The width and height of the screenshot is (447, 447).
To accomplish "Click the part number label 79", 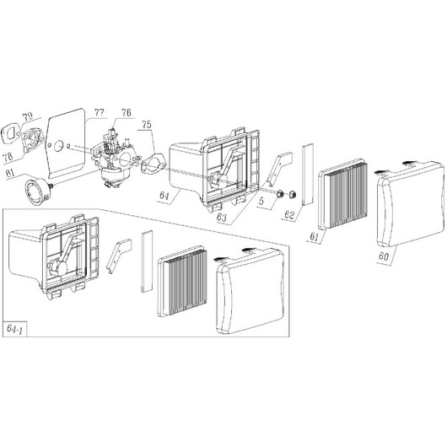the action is (x=28, y=116).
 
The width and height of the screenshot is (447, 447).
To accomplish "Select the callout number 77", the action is (x=99, y=112).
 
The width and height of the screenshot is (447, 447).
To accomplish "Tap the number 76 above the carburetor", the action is (x=126, y=113).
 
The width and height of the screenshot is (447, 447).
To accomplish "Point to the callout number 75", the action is (x=147, y=124).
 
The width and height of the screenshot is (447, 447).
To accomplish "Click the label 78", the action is (x=8, y=157).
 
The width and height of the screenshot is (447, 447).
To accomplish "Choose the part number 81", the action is (x=10, y=173).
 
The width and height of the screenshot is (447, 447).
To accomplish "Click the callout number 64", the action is (x=164, y=196).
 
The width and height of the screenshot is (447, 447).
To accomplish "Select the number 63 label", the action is (x=222, y=218).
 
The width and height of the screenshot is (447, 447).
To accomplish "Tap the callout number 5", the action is (x=261, y=202).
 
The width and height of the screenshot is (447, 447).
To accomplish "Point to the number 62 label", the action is (x=289, y=215).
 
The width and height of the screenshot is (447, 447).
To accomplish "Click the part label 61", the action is (x=314, y=236).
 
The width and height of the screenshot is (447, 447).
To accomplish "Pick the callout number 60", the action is (x=384, y=256).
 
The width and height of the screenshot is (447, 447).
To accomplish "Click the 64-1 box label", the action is (x=14, y=329).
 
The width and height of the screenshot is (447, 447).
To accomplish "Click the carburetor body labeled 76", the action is (x=115, y=158).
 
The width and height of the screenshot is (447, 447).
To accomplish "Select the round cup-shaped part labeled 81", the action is (x=37, y=195).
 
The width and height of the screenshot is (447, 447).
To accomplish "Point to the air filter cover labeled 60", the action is (x=411, y=205).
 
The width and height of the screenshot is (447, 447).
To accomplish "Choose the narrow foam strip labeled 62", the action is (x=308, y=175).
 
